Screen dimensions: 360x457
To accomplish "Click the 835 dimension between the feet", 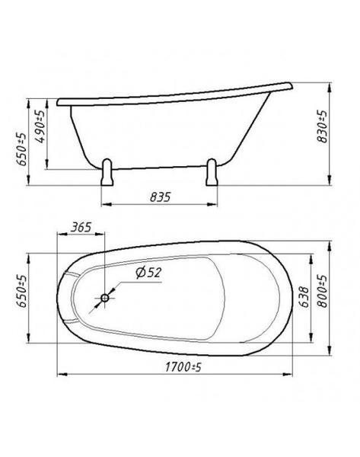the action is (x=160, y=197).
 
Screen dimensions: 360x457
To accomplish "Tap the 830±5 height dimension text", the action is (x=322, y=126).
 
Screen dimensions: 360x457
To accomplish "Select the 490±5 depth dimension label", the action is (x=40, y=126).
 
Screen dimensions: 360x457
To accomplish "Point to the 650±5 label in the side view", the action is (x=21, y=149).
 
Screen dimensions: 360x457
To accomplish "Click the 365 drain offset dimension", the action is (x=81, y=227).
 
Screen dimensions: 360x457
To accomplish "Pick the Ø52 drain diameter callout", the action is (x=148, y=273).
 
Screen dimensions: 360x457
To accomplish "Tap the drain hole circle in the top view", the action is (x=104, y=298).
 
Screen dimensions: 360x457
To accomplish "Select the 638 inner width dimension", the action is (x=304, y=297).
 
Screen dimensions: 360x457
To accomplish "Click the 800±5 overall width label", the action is (x=322, y=292).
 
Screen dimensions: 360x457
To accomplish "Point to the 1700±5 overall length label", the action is (x=183, y=367).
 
